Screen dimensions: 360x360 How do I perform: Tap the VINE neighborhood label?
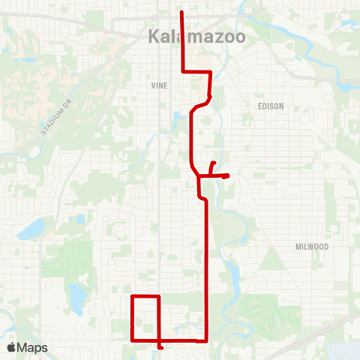point(159,86)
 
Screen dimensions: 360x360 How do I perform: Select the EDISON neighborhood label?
point(271,106)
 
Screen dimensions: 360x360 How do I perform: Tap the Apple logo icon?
point(12,348)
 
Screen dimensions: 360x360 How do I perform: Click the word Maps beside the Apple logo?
point(33,348)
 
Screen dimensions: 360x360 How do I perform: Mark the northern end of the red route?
point(183,12)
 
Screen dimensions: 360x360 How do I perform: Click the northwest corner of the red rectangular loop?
point(133,297)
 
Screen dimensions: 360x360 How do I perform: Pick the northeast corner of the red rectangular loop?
point(159,297)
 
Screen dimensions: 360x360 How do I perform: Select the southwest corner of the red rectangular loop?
point(133,340)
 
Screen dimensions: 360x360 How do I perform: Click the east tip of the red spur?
point(227,176)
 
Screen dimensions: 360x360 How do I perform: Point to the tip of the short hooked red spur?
point(215,163)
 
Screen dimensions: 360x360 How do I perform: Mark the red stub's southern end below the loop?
point(161,348)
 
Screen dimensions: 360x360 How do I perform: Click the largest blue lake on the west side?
point(31,231)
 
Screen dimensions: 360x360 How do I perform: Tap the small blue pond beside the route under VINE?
point(177,118)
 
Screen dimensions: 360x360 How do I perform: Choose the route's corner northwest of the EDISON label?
point(211,72)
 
